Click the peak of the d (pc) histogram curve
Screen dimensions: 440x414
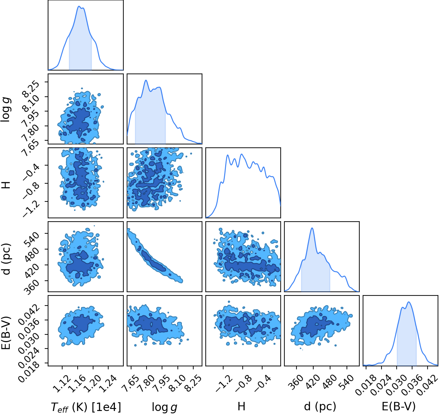click(312, 228)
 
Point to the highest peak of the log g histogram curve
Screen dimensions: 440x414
click(146, 80)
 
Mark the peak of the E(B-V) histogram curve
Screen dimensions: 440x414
click(408, 302)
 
